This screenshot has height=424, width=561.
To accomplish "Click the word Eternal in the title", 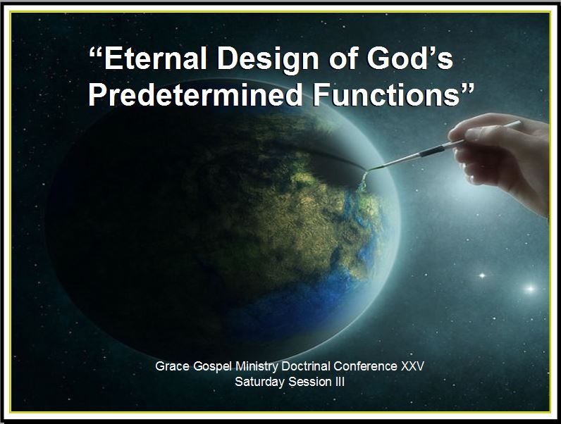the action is pos(154,58).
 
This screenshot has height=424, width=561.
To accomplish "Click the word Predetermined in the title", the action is pos(195,94).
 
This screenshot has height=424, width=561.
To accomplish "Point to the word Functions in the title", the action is pos(386,94).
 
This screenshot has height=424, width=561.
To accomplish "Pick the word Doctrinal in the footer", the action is pos(306,366).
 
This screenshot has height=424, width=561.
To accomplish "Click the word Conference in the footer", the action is pos(365,366).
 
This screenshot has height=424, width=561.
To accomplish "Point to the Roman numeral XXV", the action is pos(412,366).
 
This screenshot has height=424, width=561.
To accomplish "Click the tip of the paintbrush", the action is pos(368,170).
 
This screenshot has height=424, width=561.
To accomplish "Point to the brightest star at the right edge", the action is pos(530,289).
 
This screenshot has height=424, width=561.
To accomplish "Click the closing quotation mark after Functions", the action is pos(467,88).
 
